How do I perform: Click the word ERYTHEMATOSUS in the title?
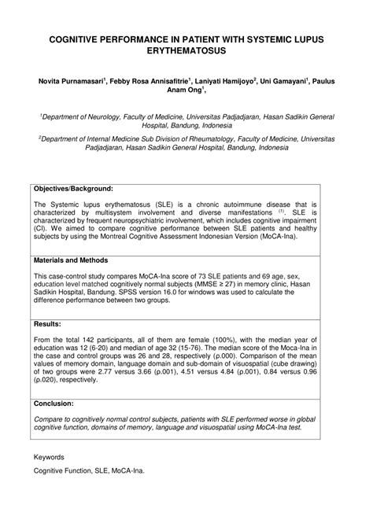click(x=186, y=51)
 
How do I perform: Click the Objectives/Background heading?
click(x=73, y=189)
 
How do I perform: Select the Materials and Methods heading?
click(x=71, y=260)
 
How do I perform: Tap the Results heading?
click(x=48, y=323)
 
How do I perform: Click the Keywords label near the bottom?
click(x=50, y=456)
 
